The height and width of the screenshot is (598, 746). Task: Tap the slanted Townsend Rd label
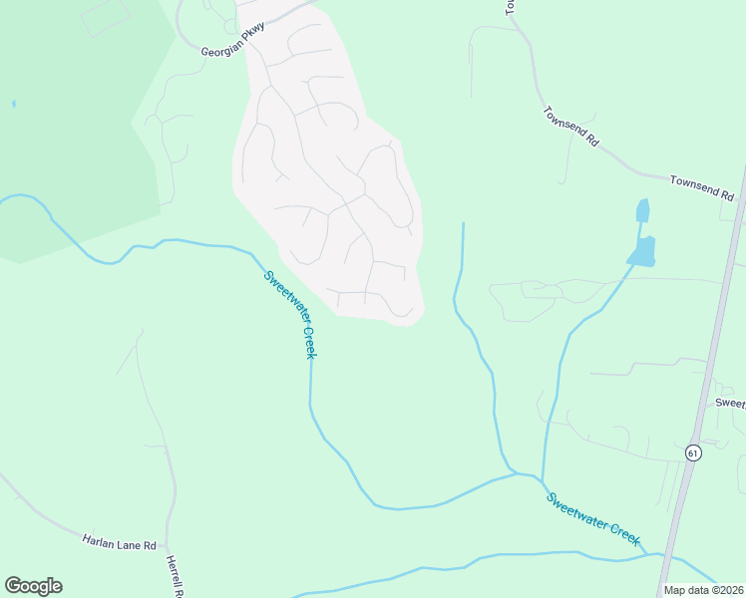pos(570,127)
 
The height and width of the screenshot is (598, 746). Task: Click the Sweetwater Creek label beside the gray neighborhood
pos(290,315)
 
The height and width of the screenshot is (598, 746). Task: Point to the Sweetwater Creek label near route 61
pos(592,517)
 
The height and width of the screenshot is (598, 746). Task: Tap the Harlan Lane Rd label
pos(120,543)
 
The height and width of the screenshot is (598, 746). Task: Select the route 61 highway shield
pos(692,452)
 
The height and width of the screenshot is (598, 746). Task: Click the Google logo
pos(33,586)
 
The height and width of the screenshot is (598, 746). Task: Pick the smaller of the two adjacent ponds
pos(642,210)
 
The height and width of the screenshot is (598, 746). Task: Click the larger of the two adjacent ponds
pos(643,251)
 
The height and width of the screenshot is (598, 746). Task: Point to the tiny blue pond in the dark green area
pos(13,104)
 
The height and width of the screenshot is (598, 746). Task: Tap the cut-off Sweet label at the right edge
pos(730,403)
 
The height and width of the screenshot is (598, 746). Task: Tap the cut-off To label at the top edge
pos(509,6)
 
